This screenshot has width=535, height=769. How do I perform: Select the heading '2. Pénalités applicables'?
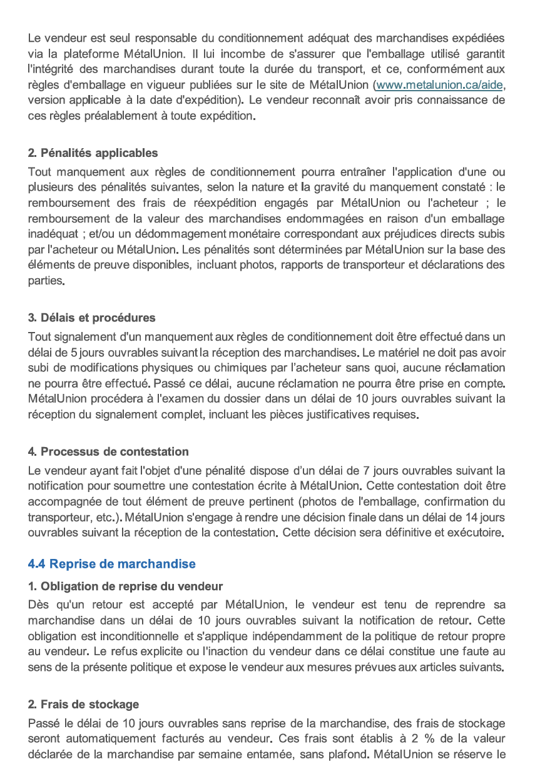pyautogui.click(x=93, y=153)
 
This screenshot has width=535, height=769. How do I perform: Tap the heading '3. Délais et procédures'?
pyautogui.click(x=91, y=318)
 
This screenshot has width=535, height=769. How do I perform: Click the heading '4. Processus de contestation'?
pyautogui.click(x=108, y=451)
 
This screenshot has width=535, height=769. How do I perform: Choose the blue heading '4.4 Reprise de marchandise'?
pyautogui.click(x=111, y=564)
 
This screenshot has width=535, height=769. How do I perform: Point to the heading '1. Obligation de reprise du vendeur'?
pyautogui.click(x=125, y=586)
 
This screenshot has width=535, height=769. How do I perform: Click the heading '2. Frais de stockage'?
pyautogui.click(x=83, y=705)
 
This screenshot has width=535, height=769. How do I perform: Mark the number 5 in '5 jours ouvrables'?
pyautogui.click(x=74, y=352)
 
